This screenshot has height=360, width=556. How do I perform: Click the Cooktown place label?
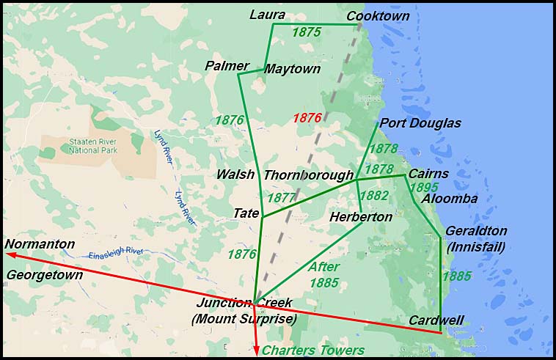point(378,16)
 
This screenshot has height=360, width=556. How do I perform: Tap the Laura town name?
point(267,15)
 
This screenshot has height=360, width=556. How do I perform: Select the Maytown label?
point(293,69)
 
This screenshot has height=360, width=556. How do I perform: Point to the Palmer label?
point(227,66)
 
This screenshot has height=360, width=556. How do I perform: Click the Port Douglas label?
point(420,123)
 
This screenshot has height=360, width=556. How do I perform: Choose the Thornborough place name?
point(308,175)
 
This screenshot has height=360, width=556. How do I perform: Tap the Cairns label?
point(428,174)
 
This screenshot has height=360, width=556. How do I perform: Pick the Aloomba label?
point(450,199)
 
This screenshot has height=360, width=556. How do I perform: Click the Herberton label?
point(360,217)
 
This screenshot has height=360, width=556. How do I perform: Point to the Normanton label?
point(40,243)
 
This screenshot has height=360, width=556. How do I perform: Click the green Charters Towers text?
point(313,350)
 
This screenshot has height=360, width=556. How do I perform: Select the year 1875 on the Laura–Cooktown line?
point(307,32)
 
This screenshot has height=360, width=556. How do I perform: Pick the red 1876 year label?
point(307,118)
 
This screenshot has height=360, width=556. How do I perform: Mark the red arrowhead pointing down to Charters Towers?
point(257,350)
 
